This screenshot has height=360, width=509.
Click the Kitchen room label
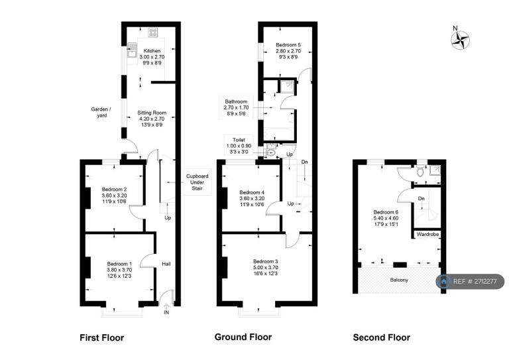[x=152, y=57]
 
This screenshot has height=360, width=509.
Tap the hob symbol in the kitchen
[x=152, y=32]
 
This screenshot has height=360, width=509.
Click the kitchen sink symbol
[x=132, y=50]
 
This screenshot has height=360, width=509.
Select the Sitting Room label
[x=152, y=119]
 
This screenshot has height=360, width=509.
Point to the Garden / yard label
[x=101, y=112]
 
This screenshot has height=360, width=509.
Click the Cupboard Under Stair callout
[x=198, y=182]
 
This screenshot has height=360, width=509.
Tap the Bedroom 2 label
[x=114, y=196]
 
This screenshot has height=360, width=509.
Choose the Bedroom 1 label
[x=119, y=270]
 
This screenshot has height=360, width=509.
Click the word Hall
[x=166, y=264]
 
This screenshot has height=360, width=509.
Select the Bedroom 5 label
[x=288, y=51]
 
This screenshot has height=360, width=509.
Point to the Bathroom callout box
[x=236, y=107]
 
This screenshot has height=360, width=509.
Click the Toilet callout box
[x=239, y=146]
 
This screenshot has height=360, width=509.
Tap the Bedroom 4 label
[x=252, y=198]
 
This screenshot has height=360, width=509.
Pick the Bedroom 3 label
[x=266, y=267]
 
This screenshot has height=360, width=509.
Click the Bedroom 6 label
[x=386, y=218]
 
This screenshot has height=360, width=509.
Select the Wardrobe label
[x=428, y=234]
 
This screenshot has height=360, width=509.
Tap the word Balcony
[x=399, y=280]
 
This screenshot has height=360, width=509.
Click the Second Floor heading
[x=382, y=337]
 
